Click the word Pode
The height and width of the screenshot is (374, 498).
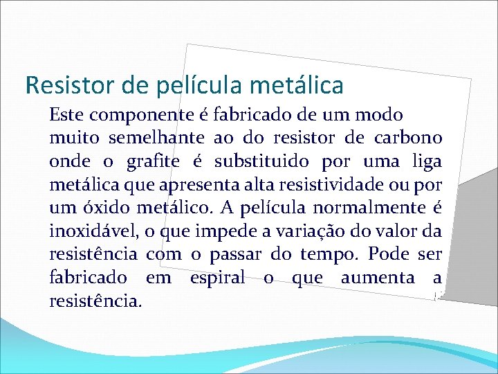(x=389, y=255)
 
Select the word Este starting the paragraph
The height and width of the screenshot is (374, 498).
(x=66, y=115)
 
